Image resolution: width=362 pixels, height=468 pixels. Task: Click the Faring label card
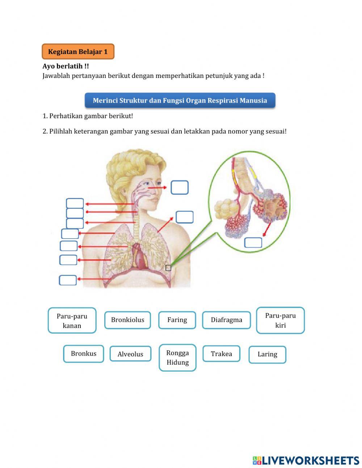point(177,320)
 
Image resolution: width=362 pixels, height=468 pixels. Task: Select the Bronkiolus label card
point(127,320)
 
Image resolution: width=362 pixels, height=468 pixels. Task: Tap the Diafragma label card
point(226,320)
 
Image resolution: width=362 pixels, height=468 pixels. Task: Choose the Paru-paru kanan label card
point(72,320)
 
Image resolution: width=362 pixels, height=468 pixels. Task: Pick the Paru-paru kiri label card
point(280,320)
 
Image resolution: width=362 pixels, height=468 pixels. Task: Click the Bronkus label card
point(84,354)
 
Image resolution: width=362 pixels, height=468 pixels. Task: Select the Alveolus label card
point(130,354)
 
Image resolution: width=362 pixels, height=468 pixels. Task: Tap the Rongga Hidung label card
point(177,357)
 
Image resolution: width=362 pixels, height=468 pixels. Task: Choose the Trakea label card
point(221,354)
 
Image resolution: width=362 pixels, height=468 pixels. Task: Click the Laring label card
point(267,355)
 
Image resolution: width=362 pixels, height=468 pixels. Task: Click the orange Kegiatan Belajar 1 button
point(78,51)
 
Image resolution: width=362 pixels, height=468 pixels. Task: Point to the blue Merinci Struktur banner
point(180,100)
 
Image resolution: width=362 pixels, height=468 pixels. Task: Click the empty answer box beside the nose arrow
point(180,187)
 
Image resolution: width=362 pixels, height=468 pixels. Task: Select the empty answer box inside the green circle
point(253,243)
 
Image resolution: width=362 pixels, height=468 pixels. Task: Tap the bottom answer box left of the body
point(68,280)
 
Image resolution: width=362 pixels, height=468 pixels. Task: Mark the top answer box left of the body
point(75,203)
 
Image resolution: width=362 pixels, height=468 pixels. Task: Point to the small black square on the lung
point(168,268)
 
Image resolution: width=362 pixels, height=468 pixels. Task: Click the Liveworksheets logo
point(306,460)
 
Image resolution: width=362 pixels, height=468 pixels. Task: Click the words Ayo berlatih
point(66,66)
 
